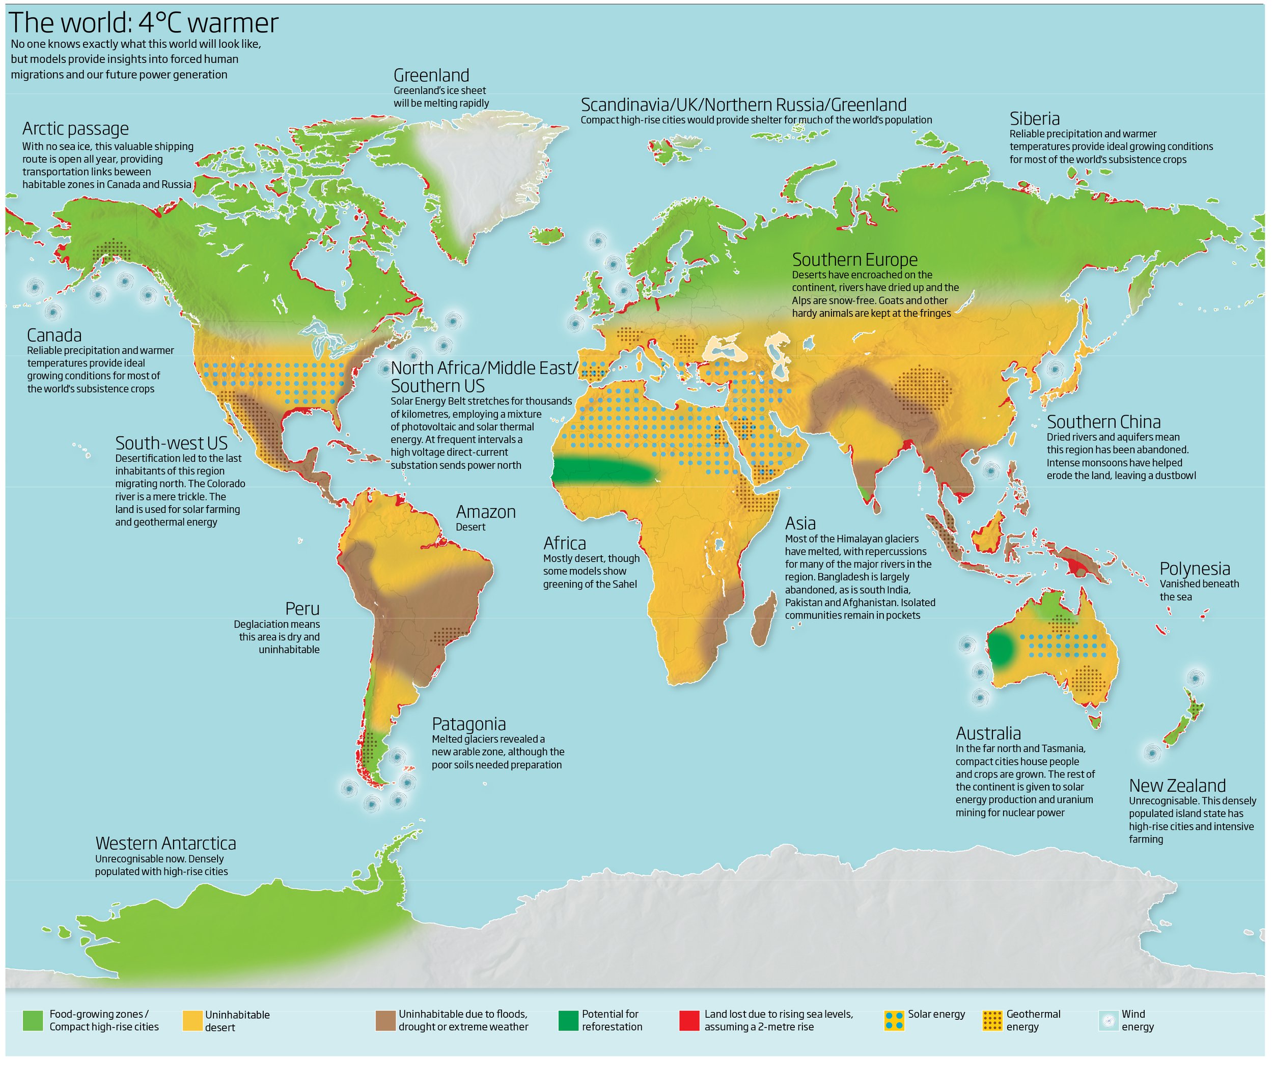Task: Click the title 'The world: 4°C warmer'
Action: tap(143, 23)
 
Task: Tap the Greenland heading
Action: tap(431, 75)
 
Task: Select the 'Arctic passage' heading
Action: tap(75, 128)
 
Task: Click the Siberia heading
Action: tap(1035, 118)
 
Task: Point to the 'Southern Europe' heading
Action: tap(854, 259)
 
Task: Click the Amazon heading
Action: tap(485, 512)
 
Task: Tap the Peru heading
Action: tap(302, 608)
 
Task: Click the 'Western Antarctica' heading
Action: tap(165, 843)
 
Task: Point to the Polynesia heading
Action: tap(1195, 568)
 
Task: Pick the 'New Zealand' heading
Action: tap(1177, 785)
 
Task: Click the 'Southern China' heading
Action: tap(1103, 422)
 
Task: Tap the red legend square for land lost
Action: tap(689, 1020)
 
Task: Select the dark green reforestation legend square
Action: tap(568, 1020)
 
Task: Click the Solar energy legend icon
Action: tap(894, 1020)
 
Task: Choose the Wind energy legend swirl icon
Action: tap(1109, 1020)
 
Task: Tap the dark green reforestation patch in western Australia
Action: tap(1002, 648)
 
